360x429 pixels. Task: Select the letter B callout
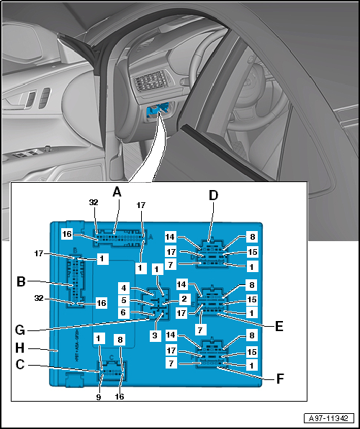22,281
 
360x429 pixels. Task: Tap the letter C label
22,365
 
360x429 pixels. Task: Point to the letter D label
212,194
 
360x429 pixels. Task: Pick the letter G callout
22,332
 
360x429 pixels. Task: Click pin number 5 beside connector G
124,301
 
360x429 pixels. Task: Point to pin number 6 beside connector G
124,313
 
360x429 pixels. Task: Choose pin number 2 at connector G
184,299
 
